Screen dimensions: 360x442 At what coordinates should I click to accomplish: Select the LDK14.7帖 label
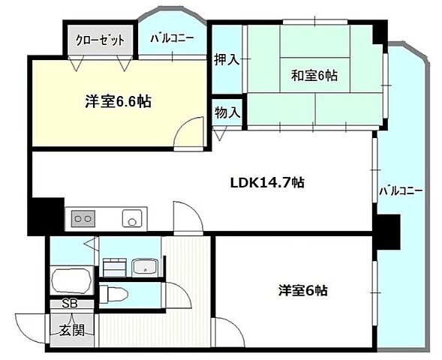[266, 182]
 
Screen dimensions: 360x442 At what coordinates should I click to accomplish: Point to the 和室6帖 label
[314, 75]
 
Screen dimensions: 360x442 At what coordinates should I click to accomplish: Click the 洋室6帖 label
[303, 290]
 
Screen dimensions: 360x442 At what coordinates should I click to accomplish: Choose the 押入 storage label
[227, 59]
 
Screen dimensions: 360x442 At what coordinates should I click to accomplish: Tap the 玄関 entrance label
[72, 329]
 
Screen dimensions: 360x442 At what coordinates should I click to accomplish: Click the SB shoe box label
[70, 304]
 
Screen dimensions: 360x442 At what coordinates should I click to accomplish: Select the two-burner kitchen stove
[83, 219]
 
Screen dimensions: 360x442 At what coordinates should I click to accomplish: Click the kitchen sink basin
[131, 220]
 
